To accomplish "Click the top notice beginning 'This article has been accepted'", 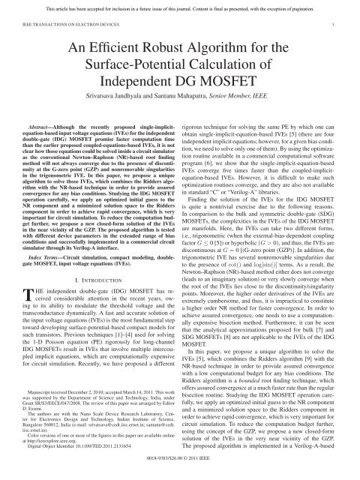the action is pos(179,6).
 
